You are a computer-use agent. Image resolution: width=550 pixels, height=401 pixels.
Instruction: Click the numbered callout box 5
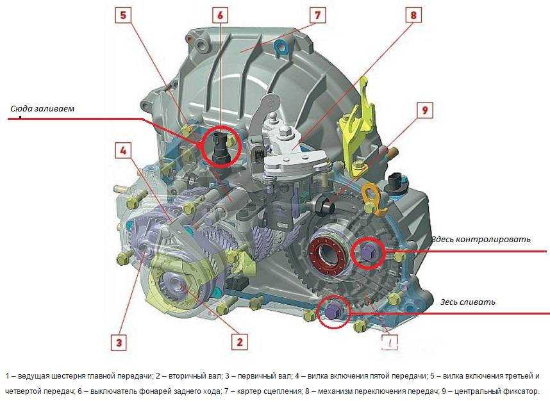tap(123, 16)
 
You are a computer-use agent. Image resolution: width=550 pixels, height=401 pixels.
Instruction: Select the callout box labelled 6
tap(220, 16)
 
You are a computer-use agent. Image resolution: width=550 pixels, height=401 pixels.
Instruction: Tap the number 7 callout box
tap(317, 16)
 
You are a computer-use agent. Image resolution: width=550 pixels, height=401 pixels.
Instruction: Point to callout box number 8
tap(413, 16)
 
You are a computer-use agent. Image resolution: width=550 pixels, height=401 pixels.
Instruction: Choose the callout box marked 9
tap(425, 110)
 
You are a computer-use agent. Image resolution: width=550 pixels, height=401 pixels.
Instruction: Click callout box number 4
tap(123, 151)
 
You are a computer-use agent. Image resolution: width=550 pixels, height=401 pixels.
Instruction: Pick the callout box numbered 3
tap(119, 342)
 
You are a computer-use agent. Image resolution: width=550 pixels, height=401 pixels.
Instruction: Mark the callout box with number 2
tap(240, 342)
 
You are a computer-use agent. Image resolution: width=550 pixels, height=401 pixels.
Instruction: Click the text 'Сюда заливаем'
tap(42, 108)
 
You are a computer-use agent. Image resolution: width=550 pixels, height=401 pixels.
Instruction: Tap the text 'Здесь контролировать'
tap(481, 240)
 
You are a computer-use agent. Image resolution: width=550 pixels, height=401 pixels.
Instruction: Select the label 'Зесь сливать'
tap(467, 302)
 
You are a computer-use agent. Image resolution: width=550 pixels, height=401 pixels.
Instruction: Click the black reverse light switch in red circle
tap(221, 147)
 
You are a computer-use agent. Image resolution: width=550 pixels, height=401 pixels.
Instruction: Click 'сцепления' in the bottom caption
tap(280, 391)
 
